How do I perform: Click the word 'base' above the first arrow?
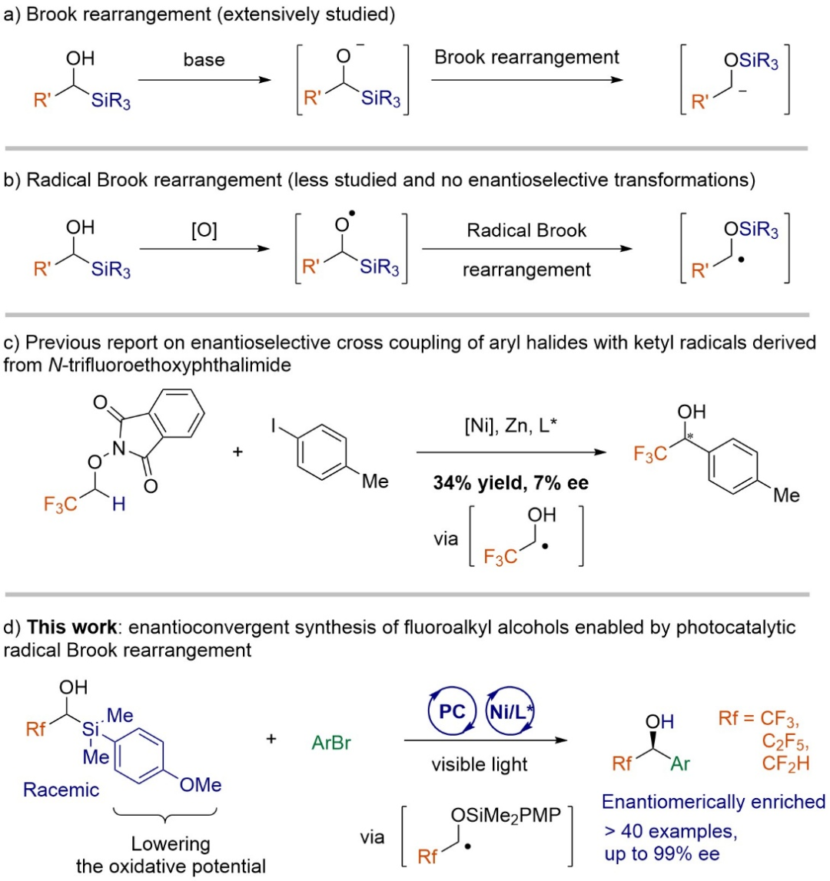click(204, 60)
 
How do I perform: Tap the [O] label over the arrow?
click(204, 230)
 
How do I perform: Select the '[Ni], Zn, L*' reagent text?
click(510, 426)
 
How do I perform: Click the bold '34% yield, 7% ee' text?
click(510, 482)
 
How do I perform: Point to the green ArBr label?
click(331, 743)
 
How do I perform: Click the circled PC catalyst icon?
click(452, 711)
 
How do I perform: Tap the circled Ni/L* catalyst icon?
click(510, 711)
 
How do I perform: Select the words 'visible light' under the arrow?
click(479, 764)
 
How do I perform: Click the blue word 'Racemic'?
click(61, 790)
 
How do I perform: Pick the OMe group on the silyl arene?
click(200, 784)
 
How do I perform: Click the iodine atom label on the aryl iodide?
click(274, 426)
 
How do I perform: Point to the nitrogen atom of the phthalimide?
click(118, 448)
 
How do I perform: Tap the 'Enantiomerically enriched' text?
click(714, 802)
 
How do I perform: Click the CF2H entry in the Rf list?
click(785, 763)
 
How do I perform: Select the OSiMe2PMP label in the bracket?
click(506, 815)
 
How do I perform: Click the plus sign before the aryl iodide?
click(237, 451)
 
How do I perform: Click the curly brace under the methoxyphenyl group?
click(164, 815)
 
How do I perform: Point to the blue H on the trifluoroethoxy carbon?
click(118, 504)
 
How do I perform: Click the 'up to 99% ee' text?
click(662, 853)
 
